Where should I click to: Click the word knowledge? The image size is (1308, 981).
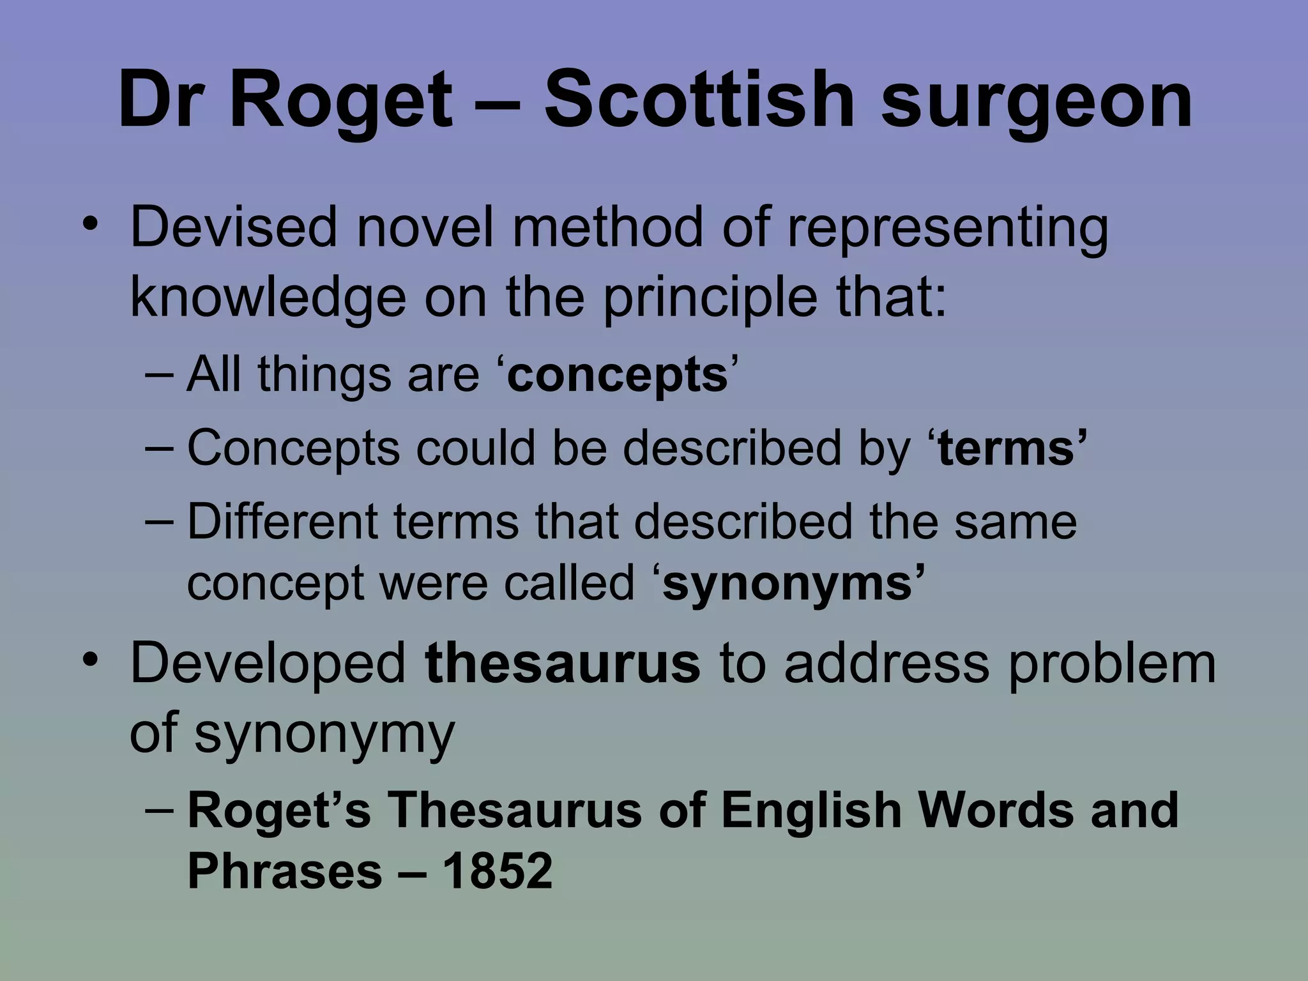(268, 299)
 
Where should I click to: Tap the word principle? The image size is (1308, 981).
(710, 299)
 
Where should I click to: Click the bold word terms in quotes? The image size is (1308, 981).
(1007, 448)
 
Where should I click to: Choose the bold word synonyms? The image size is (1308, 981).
(789, 584)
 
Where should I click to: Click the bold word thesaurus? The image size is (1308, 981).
(562, 663)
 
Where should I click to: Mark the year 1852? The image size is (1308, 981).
(497, 871)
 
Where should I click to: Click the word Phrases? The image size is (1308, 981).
(284, 871)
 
